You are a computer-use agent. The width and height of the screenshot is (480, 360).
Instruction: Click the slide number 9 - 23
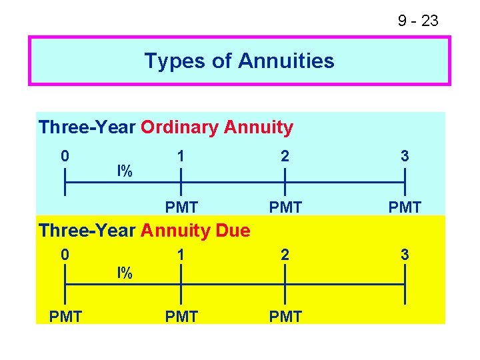(418, 21)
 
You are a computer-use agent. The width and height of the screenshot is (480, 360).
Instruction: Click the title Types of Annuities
(239, 61)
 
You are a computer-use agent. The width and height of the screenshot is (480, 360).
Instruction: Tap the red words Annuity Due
(195, 231)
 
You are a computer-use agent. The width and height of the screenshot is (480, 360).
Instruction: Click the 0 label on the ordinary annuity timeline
(64, 156)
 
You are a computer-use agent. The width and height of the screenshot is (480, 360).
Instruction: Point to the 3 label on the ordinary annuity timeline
(405, 156)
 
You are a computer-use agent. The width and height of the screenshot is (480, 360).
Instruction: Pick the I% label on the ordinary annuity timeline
(125, 171)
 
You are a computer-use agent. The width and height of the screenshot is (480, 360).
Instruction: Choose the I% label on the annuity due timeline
(125, 272)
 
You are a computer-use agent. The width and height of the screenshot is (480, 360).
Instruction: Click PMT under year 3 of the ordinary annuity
(405, 207)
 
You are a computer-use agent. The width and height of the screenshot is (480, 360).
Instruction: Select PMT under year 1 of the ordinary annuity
(181, 207)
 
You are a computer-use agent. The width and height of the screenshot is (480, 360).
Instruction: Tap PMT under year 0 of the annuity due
(65, 317)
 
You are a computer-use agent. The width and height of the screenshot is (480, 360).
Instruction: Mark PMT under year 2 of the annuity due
(285, 317)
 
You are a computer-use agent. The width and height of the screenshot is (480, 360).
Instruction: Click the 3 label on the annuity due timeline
(405, 255)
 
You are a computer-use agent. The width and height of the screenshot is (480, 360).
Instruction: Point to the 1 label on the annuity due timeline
(180, 255)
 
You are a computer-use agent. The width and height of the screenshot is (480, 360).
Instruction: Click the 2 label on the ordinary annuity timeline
(285, 156)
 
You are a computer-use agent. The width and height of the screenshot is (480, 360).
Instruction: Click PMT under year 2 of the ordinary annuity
(285, 207)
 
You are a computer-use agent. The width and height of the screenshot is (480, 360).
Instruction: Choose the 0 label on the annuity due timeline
(64, 255)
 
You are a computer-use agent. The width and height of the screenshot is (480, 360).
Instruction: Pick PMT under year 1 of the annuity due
(181, 317)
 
